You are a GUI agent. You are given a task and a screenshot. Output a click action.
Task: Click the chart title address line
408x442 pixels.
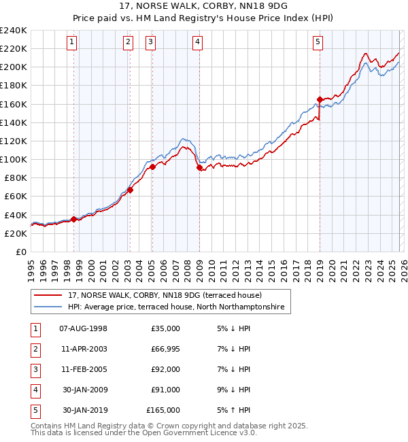(x=204, y=7)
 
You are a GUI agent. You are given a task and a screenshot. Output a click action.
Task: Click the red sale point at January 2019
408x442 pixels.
(x=319, y=99)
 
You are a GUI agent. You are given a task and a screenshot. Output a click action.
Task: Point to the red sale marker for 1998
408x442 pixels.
(x=73, y=219)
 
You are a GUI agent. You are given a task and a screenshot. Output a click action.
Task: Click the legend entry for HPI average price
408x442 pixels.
(x=179, y=307)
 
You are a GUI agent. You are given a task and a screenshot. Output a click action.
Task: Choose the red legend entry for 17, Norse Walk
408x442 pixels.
(x=169, y=295)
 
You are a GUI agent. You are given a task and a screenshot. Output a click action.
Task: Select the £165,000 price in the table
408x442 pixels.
(x=163, y=410)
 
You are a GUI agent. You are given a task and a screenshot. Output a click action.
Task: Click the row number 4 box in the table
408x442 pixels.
(x=34, y=390)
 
